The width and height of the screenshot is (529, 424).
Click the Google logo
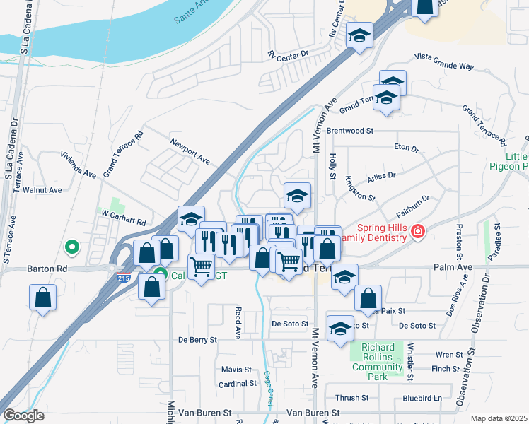point(23,416)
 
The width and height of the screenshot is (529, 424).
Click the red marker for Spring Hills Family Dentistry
point(419,231)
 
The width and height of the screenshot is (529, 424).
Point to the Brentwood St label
point(349,131)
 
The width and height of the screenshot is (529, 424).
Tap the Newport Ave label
point(190,152)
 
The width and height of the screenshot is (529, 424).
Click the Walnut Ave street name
point(42,190)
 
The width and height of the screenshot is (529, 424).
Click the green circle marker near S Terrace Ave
point(71,247)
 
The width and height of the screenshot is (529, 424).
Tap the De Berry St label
point(198,340)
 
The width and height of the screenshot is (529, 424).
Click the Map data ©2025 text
point(498,418)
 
